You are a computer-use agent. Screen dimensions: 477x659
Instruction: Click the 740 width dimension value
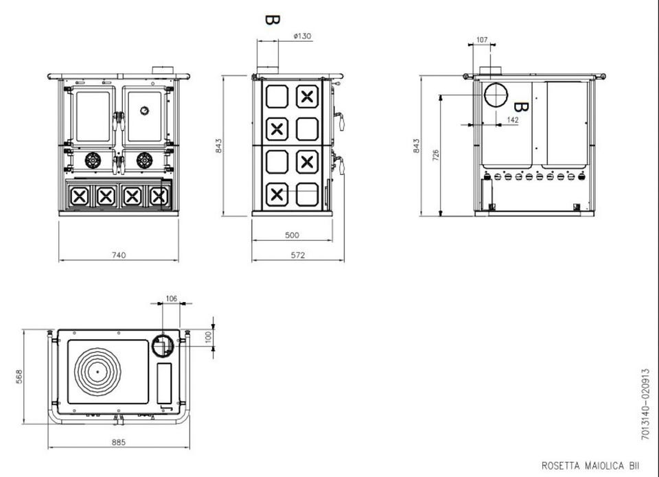119,255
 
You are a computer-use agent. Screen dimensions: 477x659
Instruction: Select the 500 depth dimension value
292,235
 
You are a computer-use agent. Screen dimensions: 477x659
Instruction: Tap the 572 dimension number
297,255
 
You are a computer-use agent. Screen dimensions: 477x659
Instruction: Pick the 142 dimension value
512,119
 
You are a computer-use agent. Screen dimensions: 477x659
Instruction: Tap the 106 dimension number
172,299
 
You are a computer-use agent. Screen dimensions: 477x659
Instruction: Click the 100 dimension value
209,336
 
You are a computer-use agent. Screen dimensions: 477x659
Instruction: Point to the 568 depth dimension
20,377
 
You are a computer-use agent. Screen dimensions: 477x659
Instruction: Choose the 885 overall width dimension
118,443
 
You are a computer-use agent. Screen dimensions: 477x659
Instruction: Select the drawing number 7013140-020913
645,405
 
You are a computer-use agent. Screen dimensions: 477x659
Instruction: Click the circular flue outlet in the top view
163,345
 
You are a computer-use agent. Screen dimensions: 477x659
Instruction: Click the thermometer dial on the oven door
145,110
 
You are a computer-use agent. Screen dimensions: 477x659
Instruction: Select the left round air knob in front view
92,161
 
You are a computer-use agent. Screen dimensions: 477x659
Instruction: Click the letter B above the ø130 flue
271,19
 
